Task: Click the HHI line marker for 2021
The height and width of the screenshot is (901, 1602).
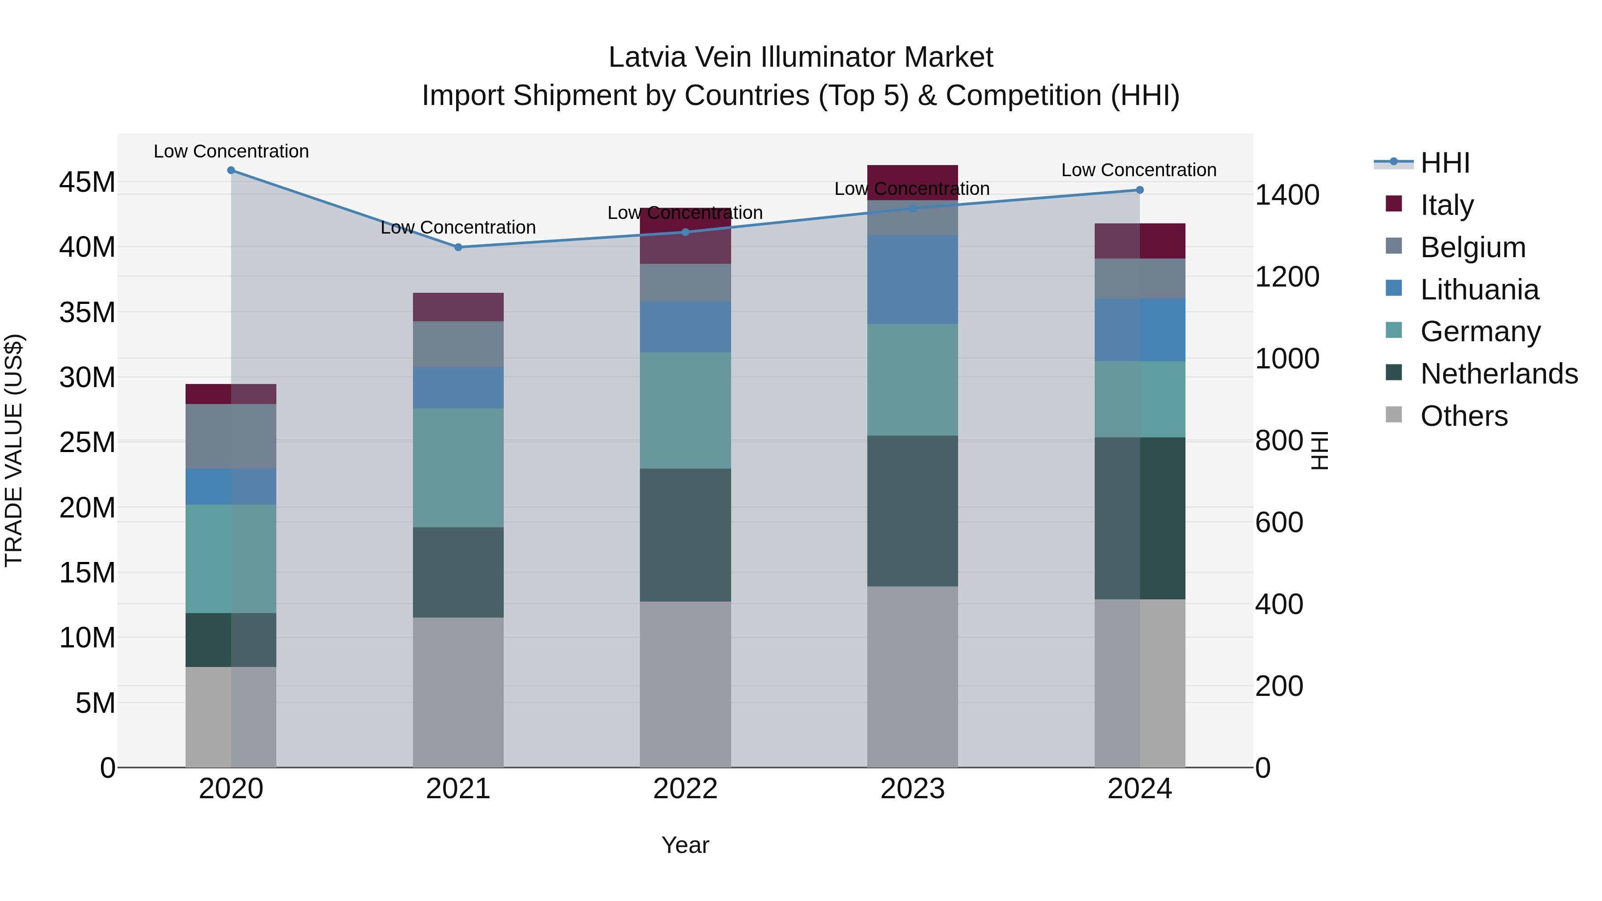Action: pos(458,247)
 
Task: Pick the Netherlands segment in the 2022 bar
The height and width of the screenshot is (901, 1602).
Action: pos(685,535)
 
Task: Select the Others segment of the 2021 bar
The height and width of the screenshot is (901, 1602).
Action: pos(458,691)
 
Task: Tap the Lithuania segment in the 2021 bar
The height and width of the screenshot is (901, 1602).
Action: pos(458,388)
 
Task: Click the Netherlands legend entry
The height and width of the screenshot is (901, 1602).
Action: pos(1499,374)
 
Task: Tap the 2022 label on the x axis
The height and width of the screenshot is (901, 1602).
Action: pos(685,789)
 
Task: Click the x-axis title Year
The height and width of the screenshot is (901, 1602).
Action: pos(685,845)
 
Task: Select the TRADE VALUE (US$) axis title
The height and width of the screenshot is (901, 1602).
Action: pos(14,450)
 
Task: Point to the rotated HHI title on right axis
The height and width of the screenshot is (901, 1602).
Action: pos(1319,450)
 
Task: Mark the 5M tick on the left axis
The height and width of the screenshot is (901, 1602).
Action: pos(95,703)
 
